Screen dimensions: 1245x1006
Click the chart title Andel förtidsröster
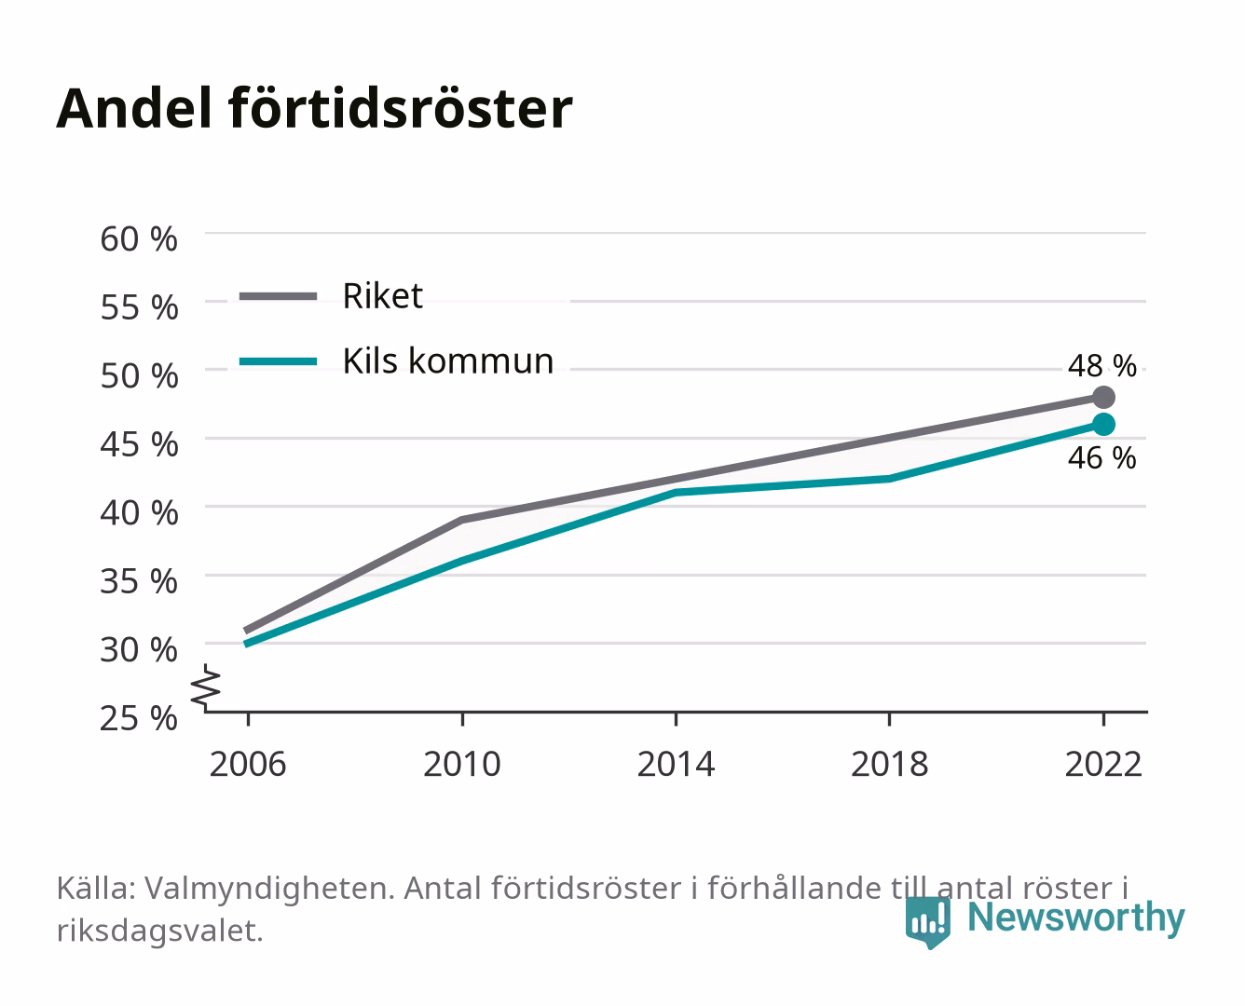pyautogui.click(x=314, y=109)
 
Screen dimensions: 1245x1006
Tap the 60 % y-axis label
pyautogui.click(x=139, y=239)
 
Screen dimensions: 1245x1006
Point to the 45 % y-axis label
pyautogui.click(x=139, y=444)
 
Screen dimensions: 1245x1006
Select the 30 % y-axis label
pyautogui.click(x=139, y=649)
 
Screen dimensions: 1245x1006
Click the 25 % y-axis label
pyautogui.click(x=139, y=718)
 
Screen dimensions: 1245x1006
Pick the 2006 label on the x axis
pyautogui.click(x=248, y=764)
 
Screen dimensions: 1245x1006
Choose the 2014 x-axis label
pyautogui.click(x=676, y=764)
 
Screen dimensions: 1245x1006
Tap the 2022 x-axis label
pyautogui.click(x=1103, y=764)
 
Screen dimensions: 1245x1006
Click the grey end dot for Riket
pyautogui.click(x=1103, y=397)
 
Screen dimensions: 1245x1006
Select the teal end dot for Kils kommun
pyautogui.click(x=1103, y=424)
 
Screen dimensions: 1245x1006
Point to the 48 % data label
pyautogui.click(x=1101, y=366)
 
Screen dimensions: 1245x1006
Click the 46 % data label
pyautogui.click(x=1101, y=458)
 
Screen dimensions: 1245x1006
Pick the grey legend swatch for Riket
pyautogui.click(x=279, y=296)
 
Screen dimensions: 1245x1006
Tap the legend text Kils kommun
pyautogui.click(x=447, y=360)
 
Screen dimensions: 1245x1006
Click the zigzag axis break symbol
pyautogui.click(x=207, y=687)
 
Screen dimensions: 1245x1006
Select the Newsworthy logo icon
pyautogui.click(x=927, y=922)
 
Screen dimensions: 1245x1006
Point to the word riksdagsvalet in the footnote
pyautogui.click(x=159, y=931)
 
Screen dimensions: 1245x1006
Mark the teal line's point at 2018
pyautogui.click(x=890, y=479)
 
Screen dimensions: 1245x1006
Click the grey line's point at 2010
pyautogui.click(x=462, y=520)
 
